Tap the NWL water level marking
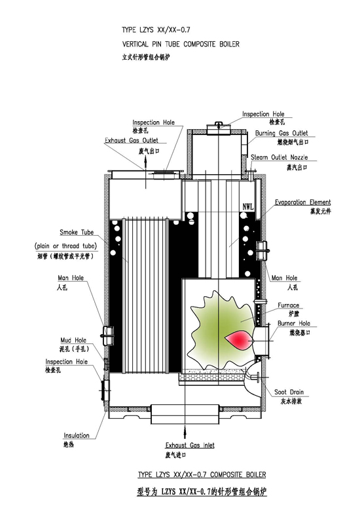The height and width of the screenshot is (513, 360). pos(247,206)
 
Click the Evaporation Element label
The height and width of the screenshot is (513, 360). pos(302,202)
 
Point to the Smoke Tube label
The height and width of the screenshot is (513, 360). pos(77,233)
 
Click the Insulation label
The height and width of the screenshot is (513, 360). pos(77,436)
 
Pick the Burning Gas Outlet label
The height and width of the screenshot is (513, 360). pos(281,133)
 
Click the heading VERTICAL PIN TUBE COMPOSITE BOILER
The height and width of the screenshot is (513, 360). pos(181,44)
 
